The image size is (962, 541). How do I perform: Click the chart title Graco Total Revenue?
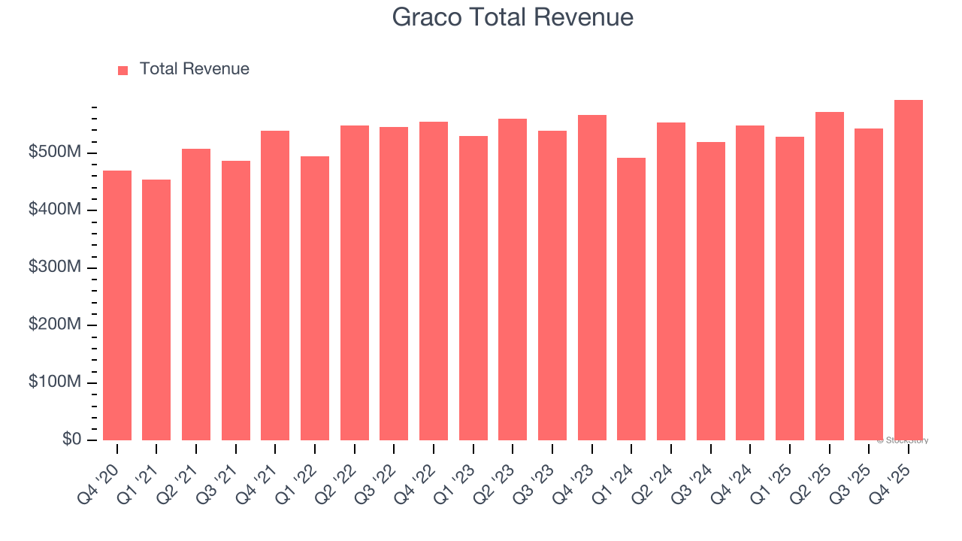click(x=513, y=17)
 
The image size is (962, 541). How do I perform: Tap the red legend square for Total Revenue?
click(x=123, y=70)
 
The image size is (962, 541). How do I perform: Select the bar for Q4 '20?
click(x=117, y=305)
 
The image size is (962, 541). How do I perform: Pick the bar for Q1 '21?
click(x=156, y=310)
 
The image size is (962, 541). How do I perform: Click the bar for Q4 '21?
click(x=275, y=286)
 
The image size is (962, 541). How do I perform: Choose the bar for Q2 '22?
click(x=355, y=283)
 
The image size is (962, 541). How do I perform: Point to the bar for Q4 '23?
click(x=592, y=277)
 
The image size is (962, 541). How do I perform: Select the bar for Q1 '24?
click(x=631, y=299)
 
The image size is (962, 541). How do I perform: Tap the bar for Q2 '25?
click(x=830, y=276)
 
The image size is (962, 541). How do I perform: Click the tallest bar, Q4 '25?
click(x=909, y=270)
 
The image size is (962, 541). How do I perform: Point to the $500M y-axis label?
click(x=55, y=153)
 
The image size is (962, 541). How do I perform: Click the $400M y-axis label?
click(x=55, y=210)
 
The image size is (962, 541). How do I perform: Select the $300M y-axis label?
click(x=55, y=267)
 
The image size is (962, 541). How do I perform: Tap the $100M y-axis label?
click(x=55, y=382)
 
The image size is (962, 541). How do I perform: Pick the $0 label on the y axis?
click(x=72, y=440)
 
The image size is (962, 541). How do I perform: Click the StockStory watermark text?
click(x=903, y=440)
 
